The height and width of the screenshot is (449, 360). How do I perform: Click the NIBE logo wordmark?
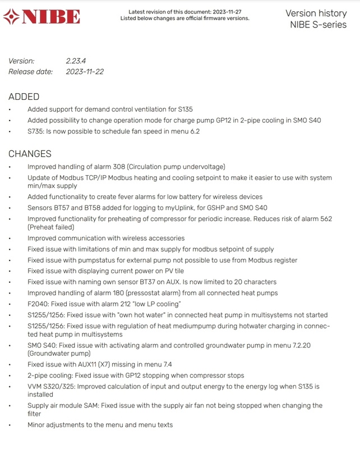pos(52,17)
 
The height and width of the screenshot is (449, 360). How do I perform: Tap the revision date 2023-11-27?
pos(229,12)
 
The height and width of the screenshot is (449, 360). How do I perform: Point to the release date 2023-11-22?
pos(85,72)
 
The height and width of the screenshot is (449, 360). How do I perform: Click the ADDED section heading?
pos(24,97)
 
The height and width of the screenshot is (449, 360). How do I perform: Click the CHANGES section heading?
pos(30,153)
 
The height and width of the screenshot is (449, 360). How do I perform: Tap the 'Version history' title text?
pos(316,13)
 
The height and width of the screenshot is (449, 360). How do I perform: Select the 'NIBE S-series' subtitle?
pos(318,24)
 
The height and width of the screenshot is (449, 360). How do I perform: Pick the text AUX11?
pos(95,365)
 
